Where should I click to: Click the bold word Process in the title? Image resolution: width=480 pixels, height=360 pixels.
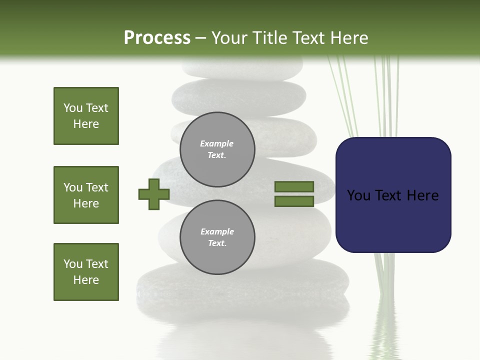click(x=157, y=38)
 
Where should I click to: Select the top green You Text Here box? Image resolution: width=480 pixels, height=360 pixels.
click(x=86, y=116)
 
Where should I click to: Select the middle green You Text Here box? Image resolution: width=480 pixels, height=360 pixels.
click(x=86, y=195)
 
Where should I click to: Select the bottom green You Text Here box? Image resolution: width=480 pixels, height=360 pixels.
click(x=86, y=272)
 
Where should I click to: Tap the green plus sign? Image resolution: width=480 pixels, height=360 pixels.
click(x=153, y=194)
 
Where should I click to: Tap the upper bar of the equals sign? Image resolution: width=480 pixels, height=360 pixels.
click(x=294, y=186)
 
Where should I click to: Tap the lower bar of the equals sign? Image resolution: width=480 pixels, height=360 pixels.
click(x=294, y=201)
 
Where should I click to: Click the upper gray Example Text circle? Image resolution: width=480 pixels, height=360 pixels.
click(x=217, y=149)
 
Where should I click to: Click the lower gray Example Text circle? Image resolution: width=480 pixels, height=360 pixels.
click(x=217, y=237)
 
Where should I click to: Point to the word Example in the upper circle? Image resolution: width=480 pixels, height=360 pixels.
click(x=216, y=143)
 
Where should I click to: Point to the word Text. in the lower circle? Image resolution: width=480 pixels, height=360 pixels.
click(x=217, y=243)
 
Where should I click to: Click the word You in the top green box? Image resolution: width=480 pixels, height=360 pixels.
click(x=72, y=108)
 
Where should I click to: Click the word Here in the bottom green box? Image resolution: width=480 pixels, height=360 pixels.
click(x=86, y=280)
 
